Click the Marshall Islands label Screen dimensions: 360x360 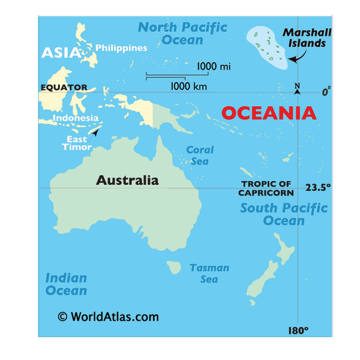click(x=307, y=37)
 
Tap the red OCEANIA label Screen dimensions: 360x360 click(x=269, y=113)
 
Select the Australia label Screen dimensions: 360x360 click(x=127, y=180)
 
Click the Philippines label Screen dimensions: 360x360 click(x=121, y=48)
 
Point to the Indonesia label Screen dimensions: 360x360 click(x=76, y=118)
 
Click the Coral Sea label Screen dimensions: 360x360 click(x=200, y=156)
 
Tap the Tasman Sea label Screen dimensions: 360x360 click(x=209, y=274)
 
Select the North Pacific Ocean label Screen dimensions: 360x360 click(x=182, y=34)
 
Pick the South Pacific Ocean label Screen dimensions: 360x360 click(x=284, y=214)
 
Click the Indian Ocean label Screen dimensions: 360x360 click(x=66, y=284)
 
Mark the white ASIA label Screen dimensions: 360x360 click(x=61, y=53)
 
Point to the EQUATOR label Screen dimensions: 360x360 click(x=64, y=88)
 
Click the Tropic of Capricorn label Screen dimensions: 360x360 click(x=266, y=188)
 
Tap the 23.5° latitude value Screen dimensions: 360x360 click(x=318, y=187)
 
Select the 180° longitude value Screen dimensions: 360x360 click(x=298, y=331)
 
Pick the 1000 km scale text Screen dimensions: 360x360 click(x=189, y=86)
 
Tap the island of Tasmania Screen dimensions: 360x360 click(x=174, y=266)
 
